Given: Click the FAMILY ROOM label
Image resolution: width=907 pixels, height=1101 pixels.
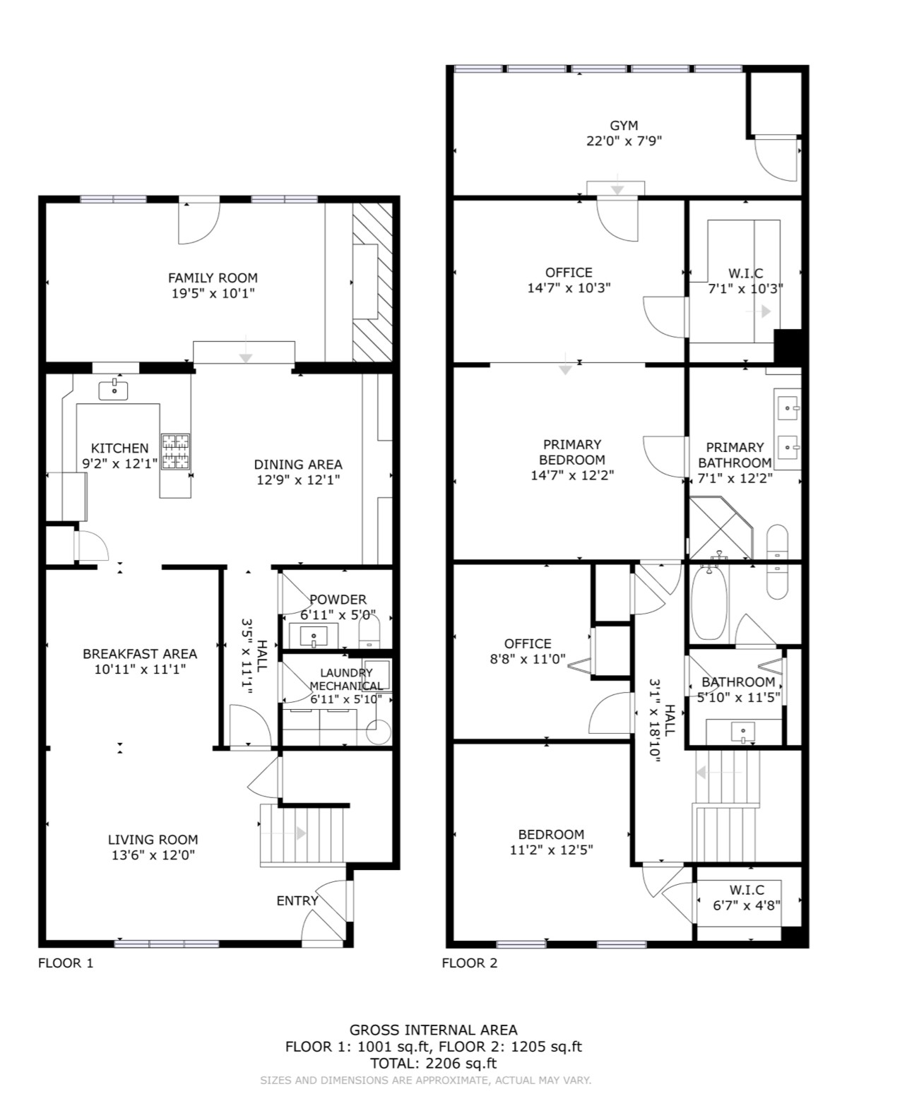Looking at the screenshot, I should click(212, 278).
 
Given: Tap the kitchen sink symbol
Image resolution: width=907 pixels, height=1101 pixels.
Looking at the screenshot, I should click(113, 389).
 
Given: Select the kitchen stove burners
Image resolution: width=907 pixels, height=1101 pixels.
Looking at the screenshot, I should click(175, 451).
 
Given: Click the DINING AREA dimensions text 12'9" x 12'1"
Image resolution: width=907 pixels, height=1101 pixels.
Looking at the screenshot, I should click(297, 480).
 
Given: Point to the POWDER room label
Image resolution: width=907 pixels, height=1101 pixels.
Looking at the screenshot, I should click(338, 600).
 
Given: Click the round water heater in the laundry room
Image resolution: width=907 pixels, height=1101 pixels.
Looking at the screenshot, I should click(379, 732).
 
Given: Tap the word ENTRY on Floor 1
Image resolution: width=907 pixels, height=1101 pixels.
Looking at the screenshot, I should click(297, 900).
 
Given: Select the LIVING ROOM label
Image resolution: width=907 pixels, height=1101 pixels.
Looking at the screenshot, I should click(153, 840).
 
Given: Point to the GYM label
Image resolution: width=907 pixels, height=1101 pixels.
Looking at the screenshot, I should click(624, 126).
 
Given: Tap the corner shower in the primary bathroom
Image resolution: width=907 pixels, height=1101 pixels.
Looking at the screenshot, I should click(718, 528).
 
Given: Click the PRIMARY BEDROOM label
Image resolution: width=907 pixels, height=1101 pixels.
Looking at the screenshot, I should click(572, 452).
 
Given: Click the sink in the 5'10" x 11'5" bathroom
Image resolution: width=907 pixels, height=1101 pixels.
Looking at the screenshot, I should click(742, 732).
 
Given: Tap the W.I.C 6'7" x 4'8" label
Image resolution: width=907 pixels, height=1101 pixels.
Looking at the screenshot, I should click(747, 897).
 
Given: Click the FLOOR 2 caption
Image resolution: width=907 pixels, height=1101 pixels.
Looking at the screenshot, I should click(469, 963).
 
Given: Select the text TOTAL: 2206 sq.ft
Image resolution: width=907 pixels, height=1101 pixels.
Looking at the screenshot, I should click(433, 1063).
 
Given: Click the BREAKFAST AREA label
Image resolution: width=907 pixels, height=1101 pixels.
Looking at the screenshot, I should click(140, 654).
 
